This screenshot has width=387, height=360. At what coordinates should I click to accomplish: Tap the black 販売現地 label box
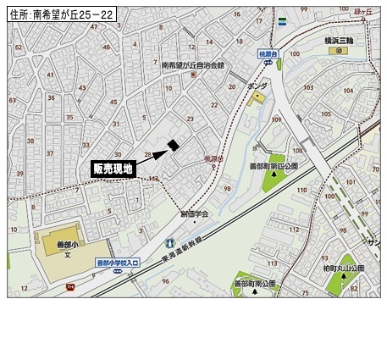113,169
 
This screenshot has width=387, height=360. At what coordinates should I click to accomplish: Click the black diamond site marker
173,145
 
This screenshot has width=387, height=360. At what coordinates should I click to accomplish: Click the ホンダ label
257,86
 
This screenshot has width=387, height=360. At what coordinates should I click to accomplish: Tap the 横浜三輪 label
341,39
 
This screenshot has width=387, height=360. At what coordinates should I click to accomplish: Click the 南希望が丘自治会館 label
193,65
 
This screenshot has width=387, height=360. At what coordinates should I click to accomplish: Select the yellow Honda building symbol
257,97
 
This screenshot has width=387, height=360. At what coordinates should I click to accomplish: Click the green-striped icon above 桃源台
280,22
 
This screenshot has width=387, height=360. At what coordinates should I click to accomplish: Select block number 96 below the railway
165,281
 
